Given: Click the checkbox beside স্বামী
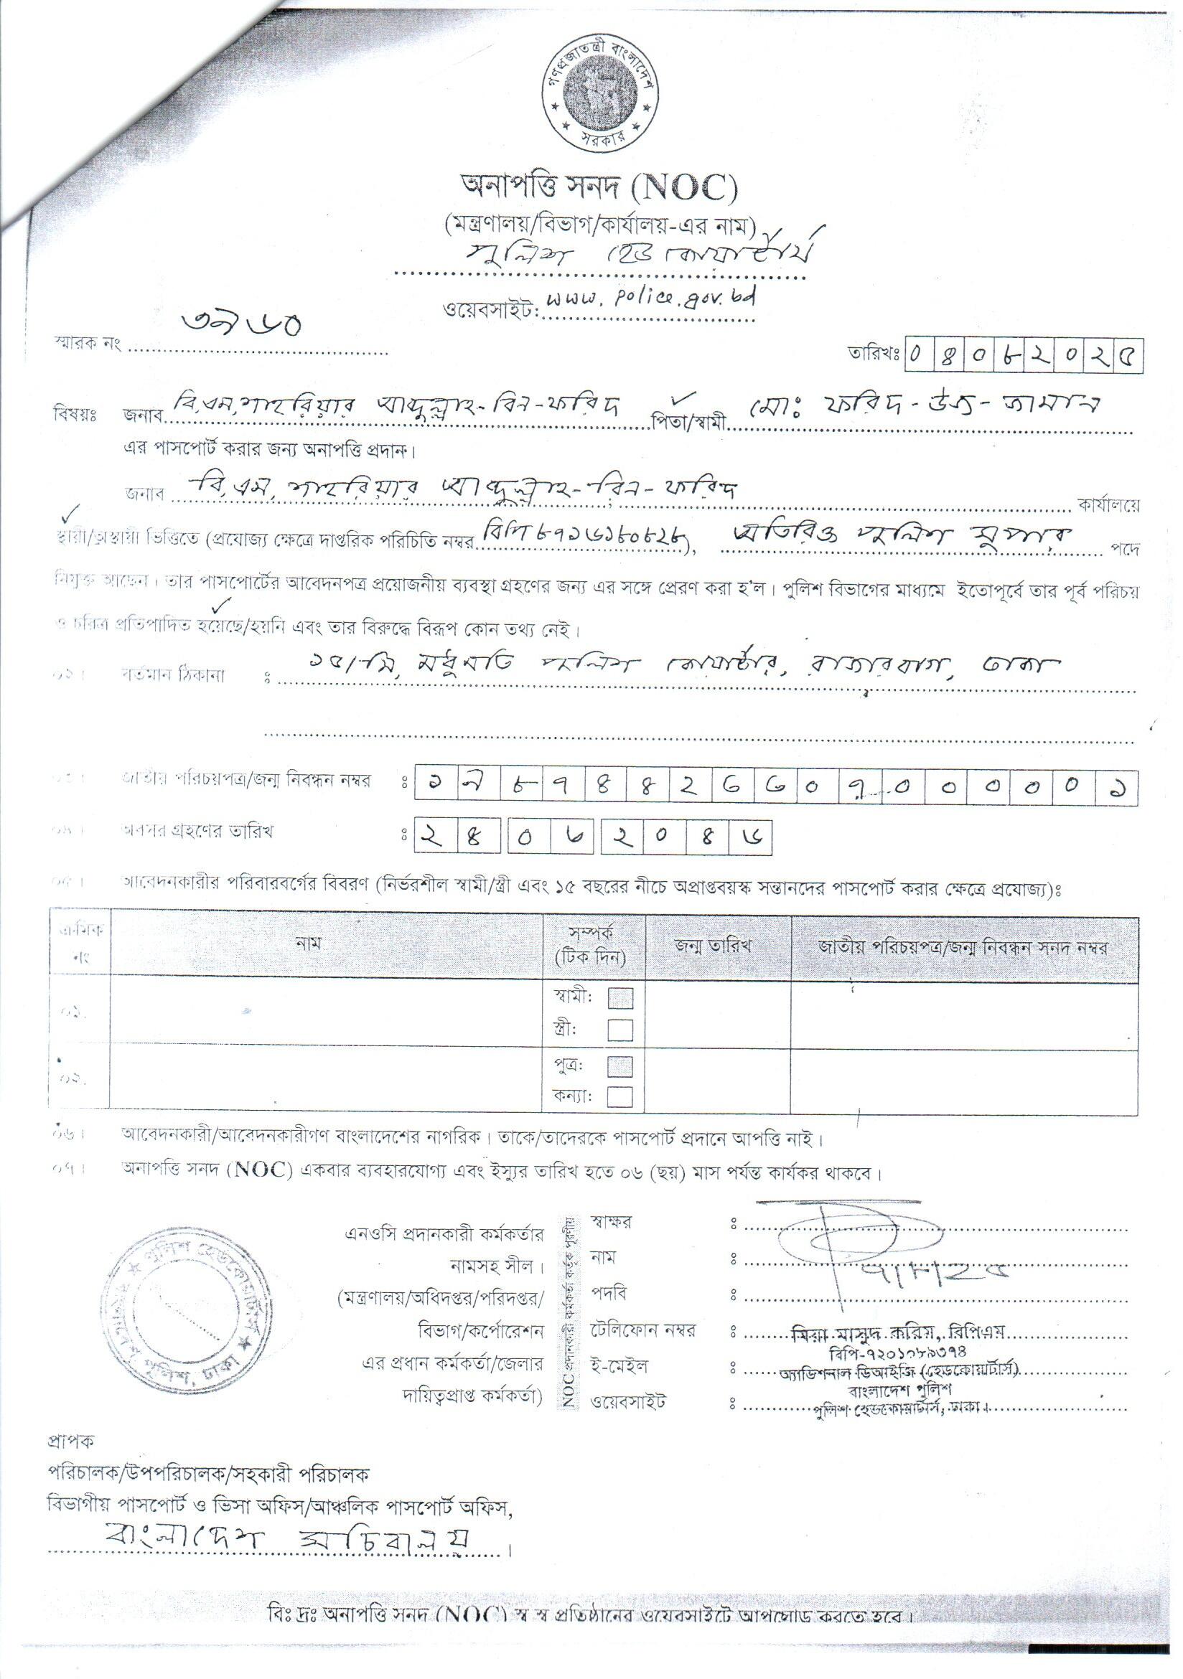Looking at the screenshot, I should tap(619, 998).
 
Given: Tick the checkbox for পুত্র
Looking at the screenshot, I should tap(619, 1066).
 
